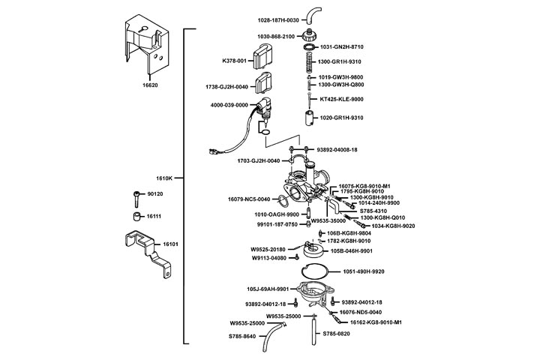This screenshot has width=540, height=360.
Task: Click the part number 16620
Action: (x=151, y=86)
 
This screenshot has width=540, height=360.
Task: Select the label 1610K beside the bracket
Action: (x=164, y=178)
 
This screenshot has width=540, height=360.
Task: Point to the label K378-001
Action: (x=235, y=60)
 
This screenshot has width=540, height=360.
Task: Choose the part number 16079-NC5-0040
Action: (x=248, y=199)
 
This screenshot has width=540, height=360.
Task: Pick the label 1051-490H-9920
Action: (x=364, y=271)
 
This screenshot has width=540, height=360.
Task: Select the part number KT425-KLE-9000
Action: (x=342, y=99)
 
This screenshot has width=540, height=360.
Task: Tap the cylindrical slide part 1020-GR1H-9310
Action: (x=308, y=118)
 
